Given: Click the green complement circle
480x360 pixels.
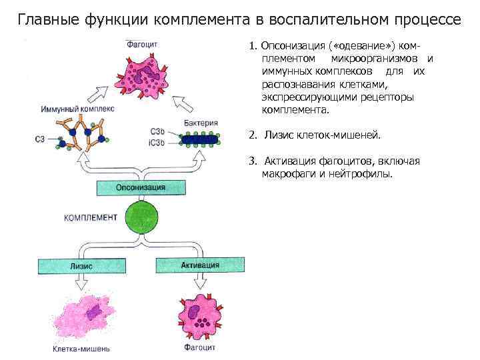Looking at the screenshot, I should [x=141, y=218].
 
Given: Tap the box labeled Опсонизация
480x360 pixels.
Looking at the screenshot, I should [x=140, y=187].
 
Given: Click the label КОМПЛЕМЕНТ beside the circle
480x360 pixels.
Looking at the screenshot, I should [x=91, y=217].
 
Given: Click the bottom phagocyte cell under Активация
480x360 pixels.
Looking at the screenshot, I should [x=200, y=317].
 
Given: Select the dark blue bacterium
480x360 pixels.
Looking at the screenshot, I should [x=197, y=139].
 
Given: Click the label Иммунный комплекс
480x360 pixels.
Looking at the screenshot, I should [x=77, y=108].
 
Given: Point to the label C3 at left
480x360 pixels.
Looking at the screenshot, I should [x=41, y=139].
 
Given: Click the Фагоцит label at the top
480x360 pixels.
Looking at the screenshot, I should [x=141, y=45].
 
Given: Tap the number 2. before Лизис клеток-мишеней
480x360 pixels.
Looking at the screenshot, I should [x=252, y=135].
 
